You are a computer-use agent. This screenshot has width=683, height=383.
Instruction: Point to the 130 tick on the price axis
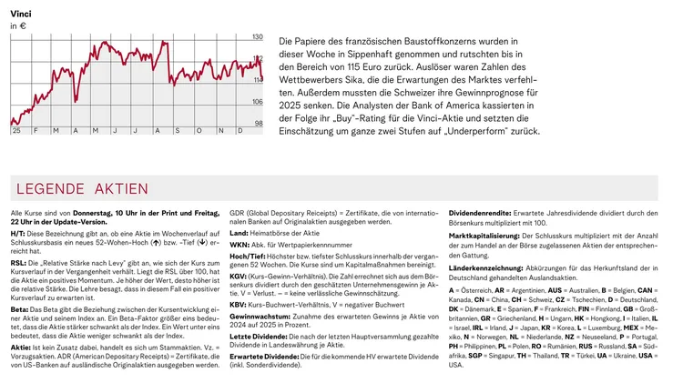257,36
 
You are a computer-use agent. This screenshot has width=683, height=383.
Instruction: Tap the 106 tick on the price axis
257,102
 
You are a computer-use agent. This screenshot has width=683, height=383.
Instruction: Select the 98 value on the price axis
258,124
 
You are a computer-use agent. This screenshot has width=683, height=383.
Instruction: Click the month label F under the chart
36,131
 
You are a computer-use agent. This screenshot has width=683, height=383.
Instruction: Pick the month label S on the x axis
178,131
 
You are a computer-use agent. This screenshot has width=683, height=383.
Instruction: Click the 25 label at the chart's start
16,131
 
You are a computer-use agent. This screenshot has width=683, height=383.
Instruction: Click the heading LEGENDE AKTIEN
83,188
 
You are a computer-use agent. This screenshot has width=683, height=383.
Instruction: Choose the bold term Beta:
19,307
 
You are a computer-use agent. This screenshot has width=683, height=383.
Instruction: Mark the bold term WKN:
239,245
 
